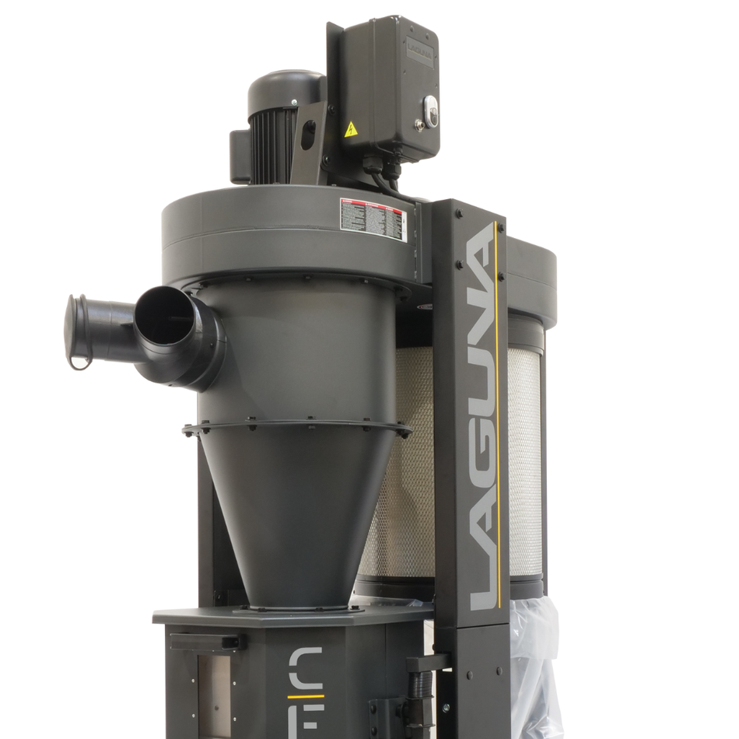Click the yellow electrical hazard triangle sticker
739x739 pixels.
(351, 129)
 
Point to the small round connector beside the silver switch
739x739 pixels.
(421, 123)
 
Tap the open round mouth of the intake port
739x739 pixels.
(165, 316)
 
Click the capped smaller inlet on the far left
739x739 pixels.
(79, 330)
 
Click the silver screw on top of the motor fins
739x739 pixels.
(295, 102)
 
